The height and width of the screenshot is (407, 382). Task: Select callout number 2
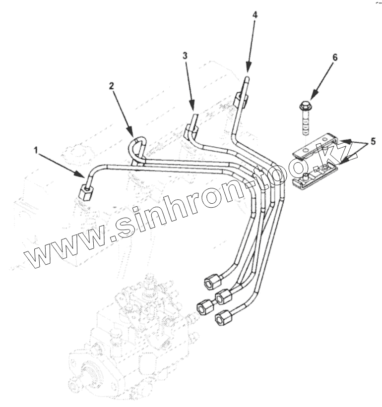click(112, 86)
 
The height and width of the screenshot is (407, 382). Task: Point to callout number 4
click(255, 15)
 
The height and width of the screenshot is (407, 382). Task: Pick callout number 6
click(335, 58)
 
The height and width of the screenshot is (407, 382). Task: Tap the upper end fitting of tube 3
click(191, 129)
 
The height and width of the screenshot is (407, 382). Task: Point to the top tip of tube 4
click(247, 76)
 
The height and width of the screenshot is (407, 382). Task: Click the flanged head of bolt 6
click(304, 106)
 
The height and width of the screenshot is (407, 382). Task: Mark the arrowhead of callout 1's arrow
click(82, 175)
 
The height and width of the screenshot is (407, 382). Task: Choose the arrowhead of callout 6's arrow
click(312, 97)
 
